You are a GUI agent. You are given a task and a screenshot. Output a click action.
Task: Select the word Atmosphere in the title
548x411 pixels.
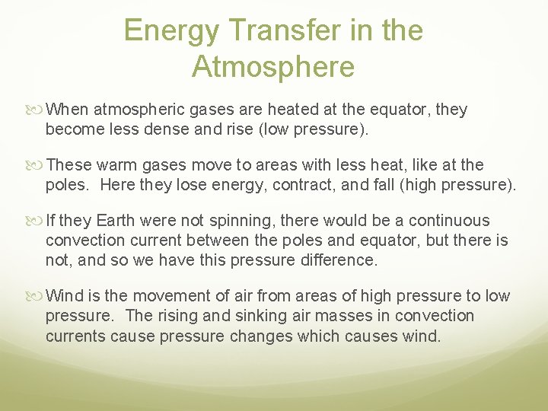tap(273, 67)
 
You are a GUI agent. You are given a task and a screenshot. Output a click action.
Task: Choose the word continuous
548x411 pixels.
tap(449, 221)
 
